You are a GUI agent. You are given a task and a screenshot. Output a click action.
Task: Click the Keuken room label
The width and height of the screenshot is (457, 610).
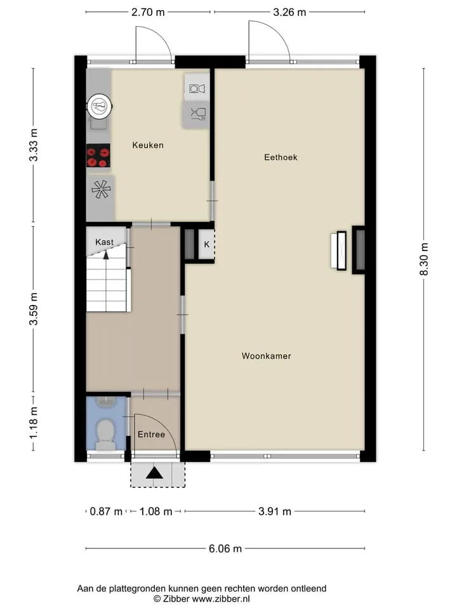(148, 145)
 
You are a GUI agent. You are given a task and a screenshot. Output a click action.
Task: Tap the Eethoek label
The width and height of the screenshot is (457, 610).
(281, 157)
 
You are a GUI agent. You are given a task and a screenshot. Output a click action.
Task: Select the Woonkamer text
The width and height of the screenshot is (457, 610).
(266, 356)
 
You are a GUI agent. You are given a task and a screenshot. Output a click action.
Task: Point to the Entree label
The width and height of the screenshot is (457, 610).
(151, 435)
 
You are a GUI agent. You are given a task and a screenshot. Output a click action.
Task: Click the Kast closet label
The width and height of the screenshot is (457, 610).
(104, 242)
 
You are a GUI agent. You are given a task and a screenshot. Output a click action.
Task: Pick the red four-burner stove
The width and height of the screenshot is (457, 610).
(98, 156)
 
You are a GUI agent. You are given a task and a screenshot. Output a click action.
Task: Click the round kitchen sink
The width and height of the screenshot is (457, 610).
(100, 106)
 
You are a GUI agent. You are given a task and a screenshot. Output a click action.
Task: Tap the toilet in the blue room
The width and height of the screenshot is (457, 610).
(105, 435)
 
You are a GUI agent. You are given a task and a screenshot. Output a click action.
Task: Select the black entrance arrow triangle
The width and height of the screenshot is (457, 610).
(155, 473)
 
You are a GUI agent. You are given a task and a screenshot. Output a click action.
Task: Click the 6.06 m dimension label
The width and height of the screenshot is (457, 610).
(225, 548)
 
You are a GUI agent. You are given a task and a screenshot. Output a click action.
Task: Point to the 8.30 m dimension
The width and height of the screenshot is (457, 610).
(423, 259)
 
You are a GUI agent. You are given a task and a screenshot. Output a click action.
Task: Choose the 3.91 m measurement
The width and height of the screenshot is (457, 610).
(275, 511)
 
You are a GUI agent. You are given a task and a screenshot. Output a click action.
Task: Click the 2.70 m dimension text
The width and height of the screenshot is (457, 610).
(148, 12)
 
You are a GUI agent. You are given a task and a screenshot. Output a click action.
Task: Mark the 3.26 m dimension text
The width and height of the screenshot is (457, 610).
(289, 12)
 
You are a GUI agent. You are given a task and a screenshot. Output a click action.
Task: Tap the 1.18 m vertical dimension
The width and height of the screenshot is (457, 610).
(34, 423)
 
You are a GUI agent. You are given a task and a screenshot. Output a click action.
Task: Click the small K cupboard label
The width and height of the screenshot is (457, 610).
(207, 244)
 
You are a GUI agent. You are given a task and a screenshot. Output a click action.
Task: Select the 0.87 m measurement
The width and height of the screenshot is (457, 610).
(106, 511)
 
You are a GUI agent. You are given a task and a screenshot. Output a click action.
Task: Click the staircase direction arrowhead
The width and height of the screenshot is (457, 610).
(106, 255)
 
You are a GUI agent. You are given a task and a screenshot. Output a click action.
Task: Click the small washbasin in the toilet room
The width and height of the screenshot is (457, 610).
(105, 402)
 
